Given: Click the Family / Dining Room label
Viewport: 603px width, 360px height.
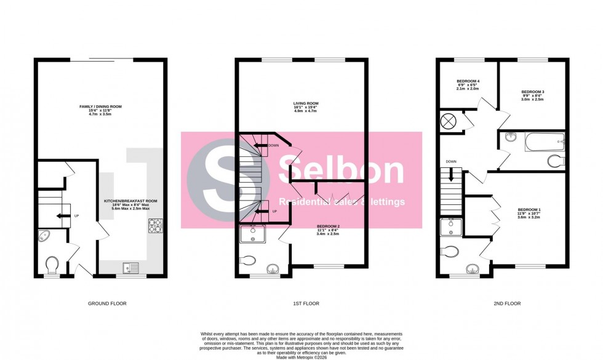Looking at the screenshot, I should (x=100, y=110).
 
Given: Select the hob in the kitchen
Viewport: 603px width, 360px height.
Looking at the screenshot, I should (x=154, y=227).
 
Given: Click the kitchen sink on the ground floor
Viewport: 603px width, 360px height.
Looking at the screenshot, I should (x=130, y=266).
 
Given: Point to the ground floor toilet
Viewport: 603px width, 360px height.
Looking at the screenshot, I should (x=52, y=265).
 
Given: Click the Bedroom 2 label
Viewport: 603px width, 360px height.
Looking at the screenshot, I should (x=328, y=230).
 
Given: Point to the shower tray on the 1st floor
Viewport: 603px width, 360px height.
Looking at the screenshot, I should (x=252, y=234).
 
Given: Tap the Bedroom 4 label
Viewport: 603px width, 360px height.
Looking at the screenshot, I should (x=468, y=85).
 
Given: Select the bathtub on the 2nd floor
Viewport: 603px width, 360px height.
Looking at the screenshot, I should (x=544, y=143).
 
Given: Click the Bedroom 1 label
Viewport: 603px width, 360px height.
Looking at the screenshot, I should (x=529, y=214).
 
